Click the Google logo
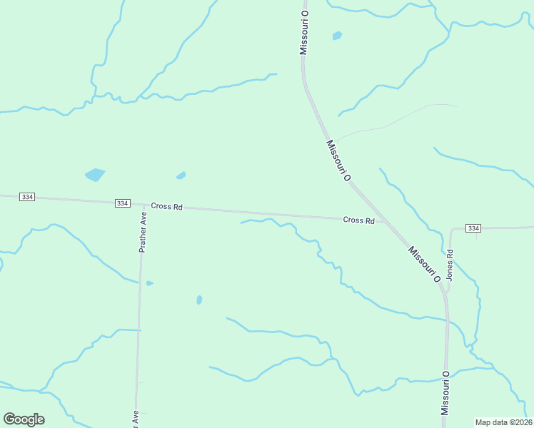24,419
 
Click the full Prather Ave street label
143,232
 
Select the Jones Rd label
450,263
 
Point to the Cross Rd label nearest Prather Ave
166,206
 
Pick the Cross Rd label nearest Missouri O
358,220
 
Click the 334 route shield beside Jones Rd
473,228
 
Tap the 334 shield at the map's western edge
27,197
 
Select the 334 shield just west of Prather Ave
122,203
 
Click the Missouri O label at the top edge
304,33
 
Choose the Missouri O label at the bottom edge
445,393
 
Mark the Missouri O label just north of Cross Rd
338,160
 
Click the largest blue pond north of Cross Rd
94,174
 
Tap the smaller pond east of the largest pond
181,175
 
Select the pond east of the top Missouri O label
337,35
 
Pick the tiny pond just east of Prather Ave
149,283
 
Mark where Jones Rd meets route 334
451,229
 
